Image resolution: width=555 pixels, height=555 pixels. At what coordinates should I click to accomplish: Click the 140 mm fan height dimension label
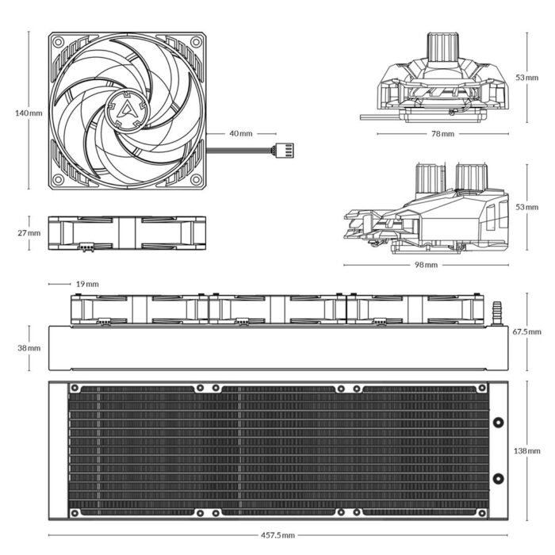click(29, 113)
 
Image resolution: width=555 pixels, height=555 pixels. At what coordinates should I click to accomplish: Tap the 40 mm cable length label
click(240, 133)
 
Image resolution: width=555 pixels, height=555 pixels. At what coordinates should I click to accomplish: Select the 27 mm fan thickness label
click(29, 233)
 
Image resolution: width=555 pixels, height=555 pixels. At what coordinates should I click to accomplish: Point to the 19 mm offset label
click(87, 284)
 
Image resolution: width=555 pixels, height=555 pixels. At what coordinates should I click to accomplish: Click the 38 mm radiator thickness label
click(29, 348)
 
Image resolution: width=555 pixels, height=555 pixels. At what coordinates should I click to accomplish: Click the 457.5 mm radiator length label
click(277, 536)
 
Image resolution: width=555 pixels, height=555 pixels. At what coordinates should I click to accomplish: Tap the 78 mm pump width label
click(442, 134)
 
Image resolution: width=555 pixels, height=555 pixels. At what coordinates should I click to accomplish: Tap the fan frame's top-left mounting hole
click(58, 42)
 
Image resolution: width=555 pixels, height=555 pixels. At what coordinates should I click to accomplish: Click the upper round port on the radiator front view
click(497, 423)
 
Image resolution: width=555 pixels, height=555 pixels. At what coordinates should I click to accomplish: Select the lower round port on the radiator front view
click(497, 478)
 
